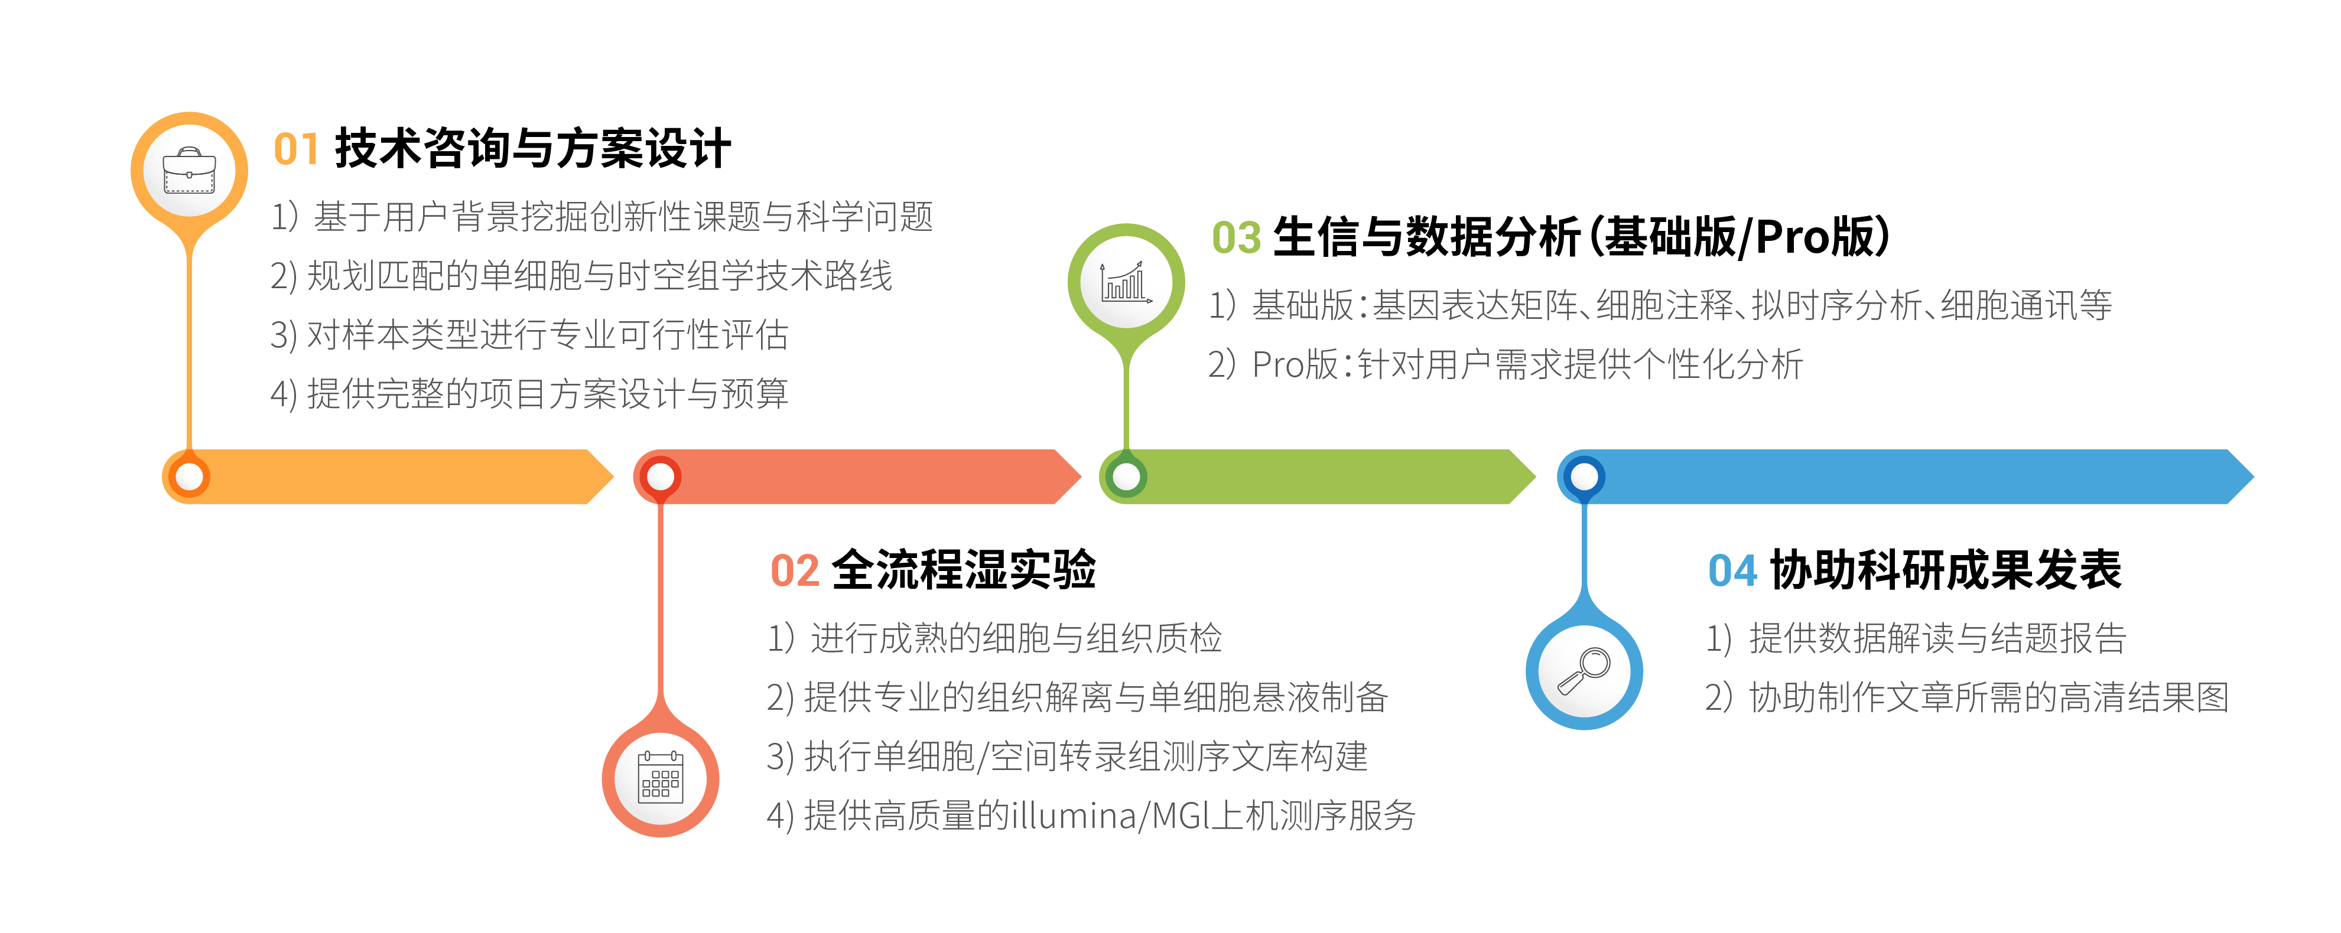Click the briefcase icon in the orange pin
point(189,171)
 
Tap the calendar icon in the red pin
point(661,778)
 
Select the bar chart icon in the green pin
point(1126,282)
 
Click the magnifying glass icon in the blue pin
point(1584,671)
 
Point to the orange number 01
point(296,149)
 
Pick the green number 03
point(1237,238)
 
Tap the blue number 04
point(1733,572)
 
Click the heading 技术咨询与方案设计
point(532,148)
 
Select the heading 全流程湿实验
point(963,570)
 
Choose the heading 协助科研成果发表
point(1946,570)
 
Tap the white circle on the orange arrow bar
point(190,476)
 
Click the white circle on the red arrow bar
point(661,476)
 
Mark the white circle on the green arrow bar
point(1127,476)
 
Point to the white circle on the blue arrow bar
point(1585,476)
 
